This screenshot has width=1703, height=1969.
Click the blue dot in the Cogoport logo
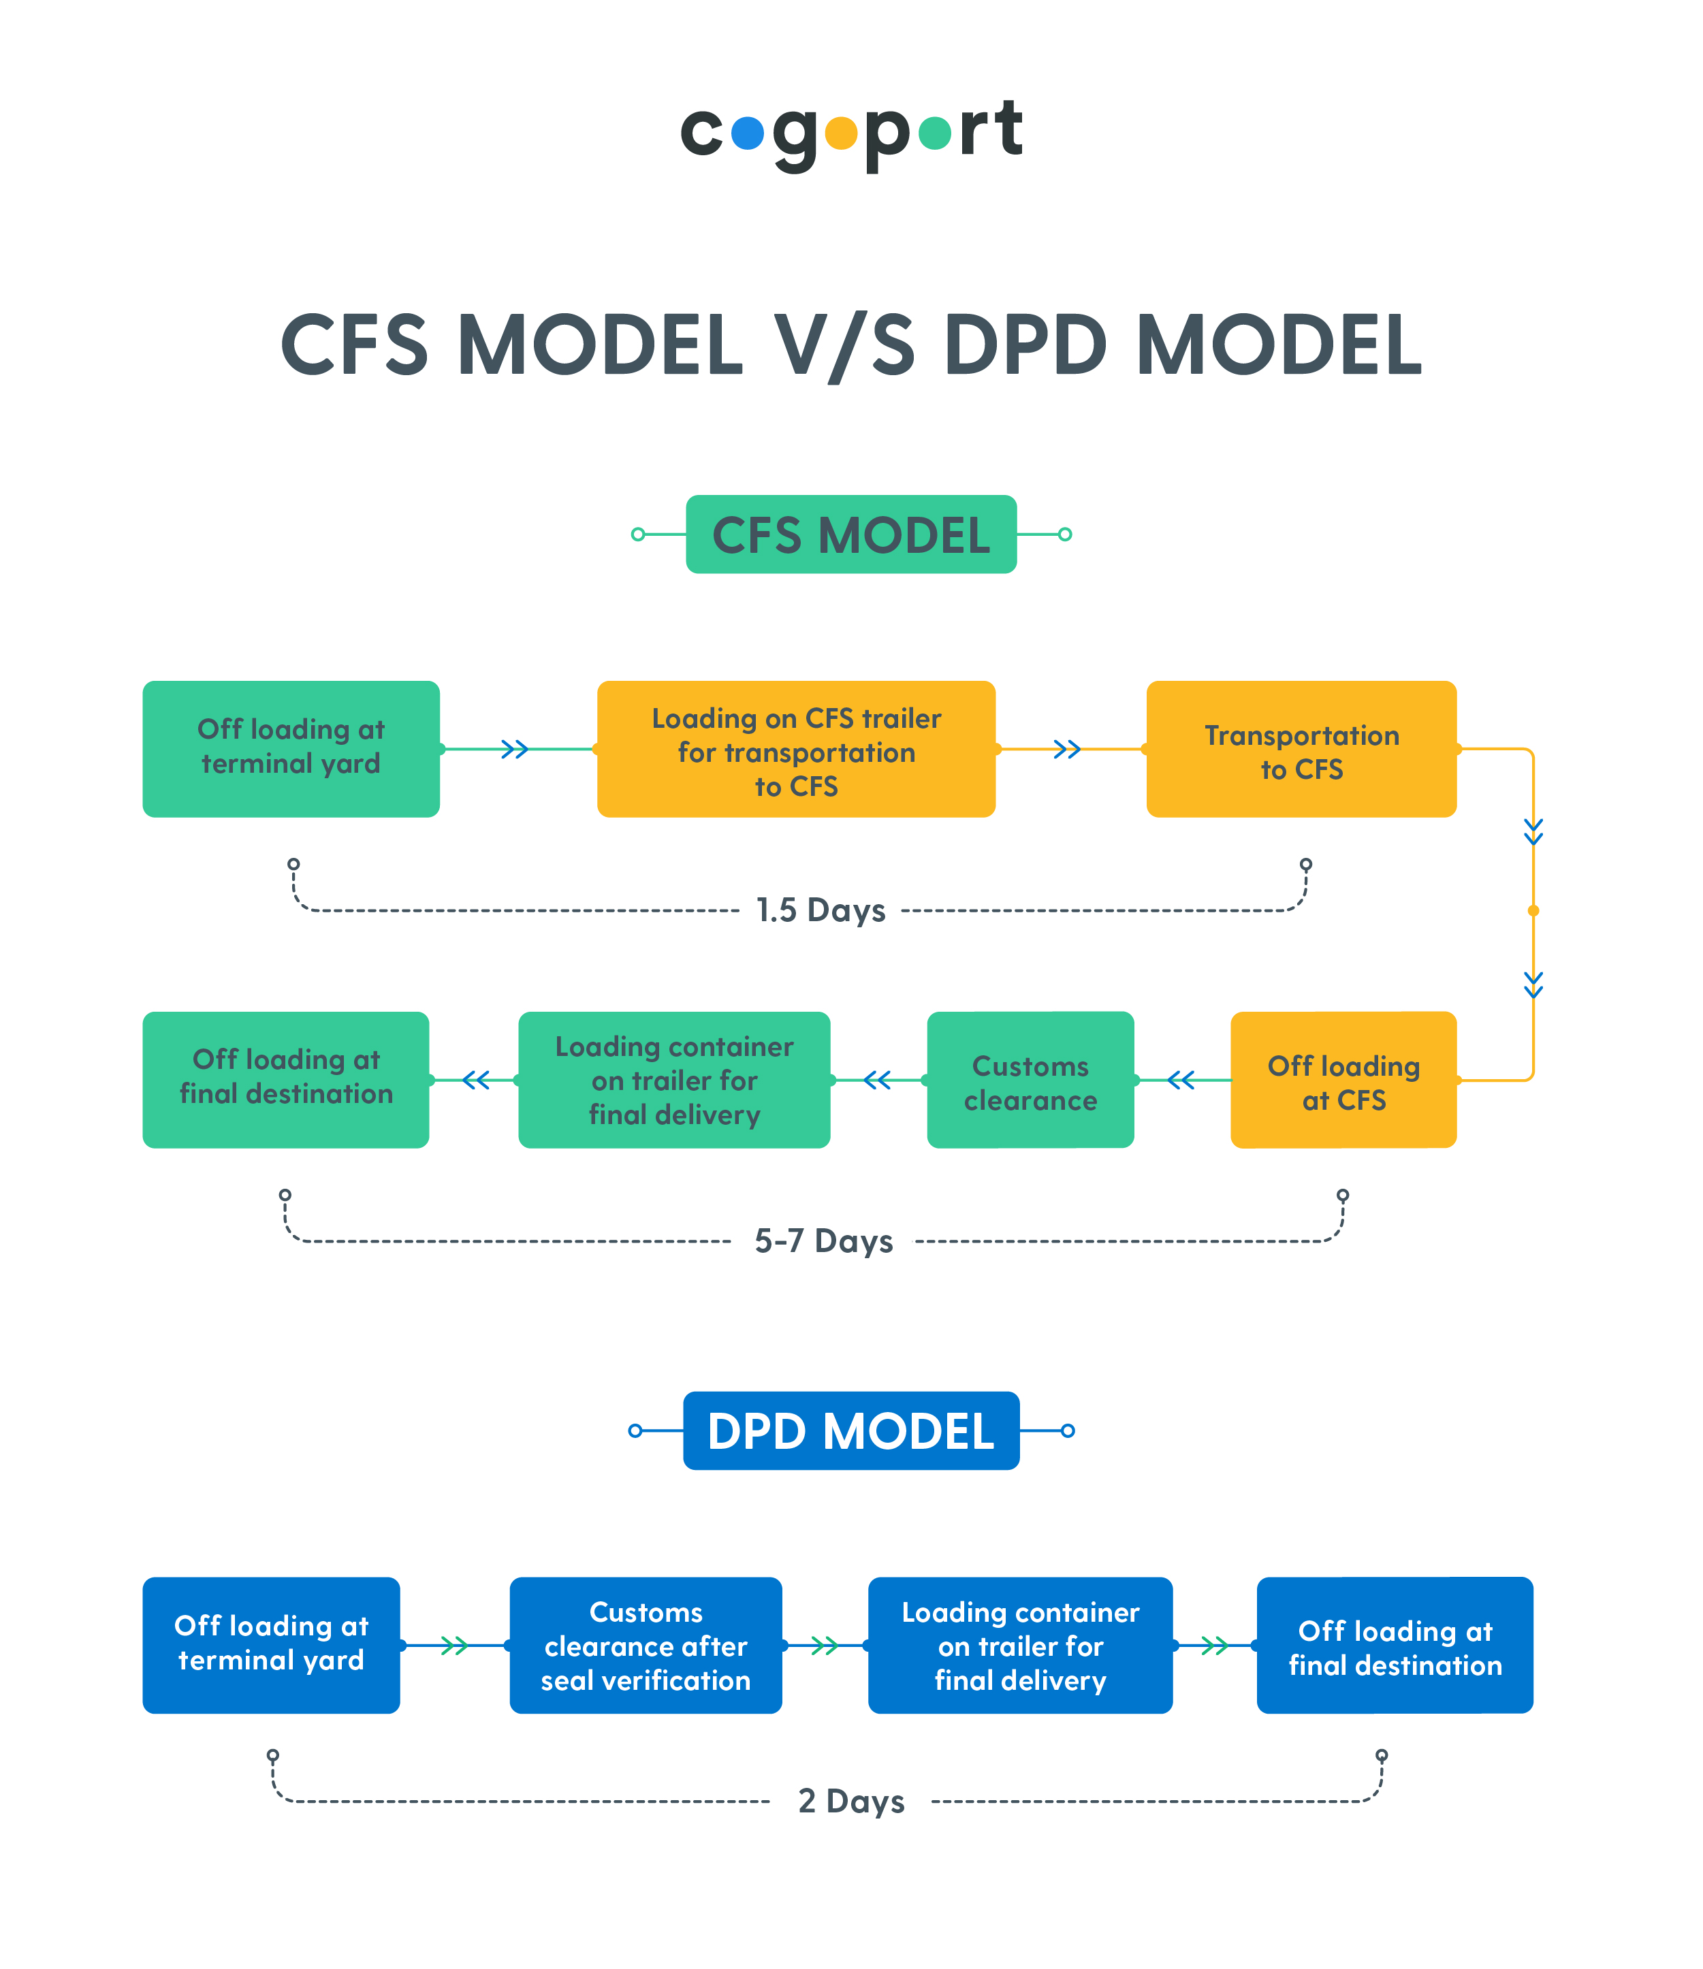pos(748,134)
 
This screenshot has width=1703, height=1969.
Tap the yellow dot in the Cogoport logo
pos(841,134)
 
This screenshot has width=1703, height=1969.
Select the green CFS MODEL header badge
pos(850,534)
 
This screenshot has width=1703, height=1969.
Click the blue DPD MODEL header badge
pos(850,1430)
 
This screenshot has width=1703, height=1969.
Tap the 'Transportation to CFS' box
pos(1301,749)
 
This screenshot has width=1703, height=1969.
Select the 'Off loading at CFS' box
pos(1343,1080)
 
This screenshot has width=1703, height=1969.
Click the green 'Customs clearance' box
pos(1030,1080)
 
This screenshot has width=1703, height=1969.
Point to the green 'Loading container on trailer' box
pos(674,1080)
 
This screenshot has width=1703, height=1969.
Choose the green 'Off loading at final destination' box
pos(285,1080)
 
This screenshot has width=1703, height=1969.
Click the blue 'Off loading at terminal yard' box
pos(271,1645)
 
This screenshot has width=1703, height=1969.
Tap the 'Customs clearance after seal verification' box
pos(646,1645)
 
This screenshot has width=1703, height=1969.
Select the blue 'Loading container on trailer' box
pos(1020,1645)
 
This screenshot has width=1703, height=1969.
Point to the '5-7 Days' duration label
pos(823,1241)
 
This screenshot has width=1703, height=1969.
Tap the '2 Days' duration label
pos(850,1801)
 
